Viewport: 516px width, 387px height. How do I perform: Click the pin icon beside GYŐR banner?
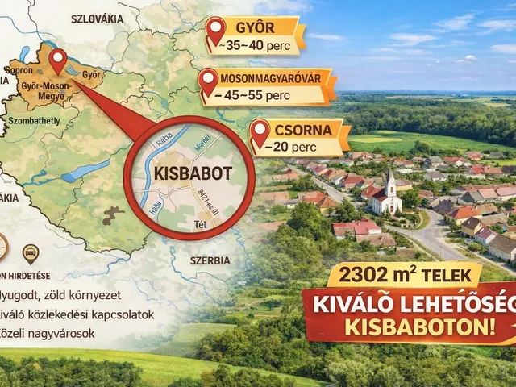click(215, 31)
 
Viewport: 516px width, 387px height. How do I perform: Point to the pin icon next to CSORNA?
click(260, 133)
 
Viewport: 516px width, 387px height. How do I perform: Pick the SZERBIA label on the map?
click(210, 260)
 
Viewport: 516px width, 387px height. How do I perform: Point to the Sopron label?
click(19, 70)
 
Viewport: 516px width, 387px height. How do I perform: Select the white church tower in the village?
click(391, 185)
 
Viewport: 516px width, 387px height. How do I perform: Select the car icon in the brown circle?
click(31, 254)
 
